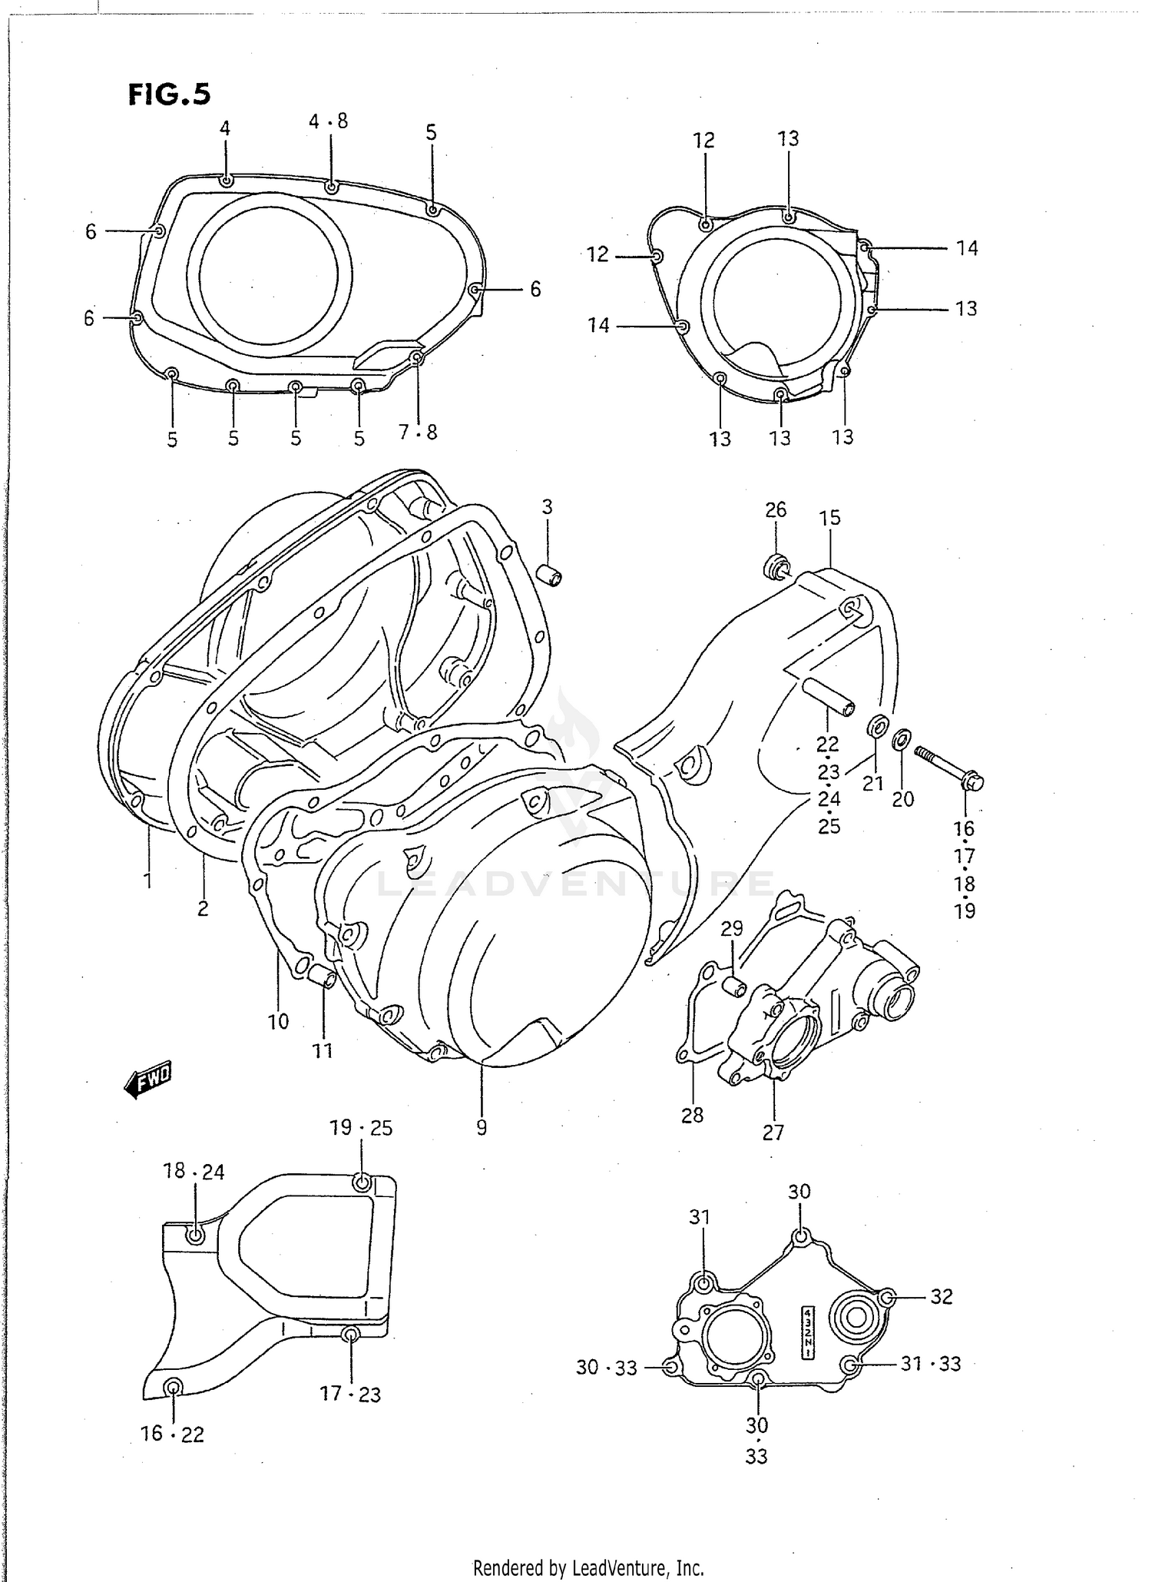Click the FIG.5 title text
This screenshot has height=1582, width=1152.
click(x=169, y=94)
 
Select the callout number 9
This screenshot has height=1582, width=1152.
click(x=482, y=1128)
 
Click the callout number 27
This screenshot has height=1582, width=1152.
click(x=773, y=1133)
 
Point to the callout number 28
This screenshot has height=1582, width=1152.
click(x=692, y=1115)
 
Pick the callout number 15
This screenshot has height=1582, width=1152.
click(x=829, y=518)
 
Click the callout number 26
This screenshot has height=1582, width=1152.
click(x=776, y=509)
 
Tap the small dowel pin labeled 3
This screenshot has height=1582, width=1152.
click(x=550, y=575)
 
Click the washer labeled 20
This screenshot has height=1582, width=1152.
click(x=902, y=739)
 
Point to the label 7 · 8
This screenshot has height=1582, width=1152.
click(x=418, y=433)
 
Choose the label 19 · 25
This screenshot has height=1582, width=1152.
click(x=361, y=1128)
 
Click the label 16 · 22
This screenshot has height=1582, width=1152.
click(x=172, y=1434)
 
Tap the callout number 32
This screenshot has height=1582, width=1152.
click(x=942, y=1296)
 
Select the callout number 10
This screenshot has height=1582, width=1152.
click(x=278, y=1021)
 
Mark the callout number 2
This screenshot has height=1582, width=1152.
click(x=203, y=908)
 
